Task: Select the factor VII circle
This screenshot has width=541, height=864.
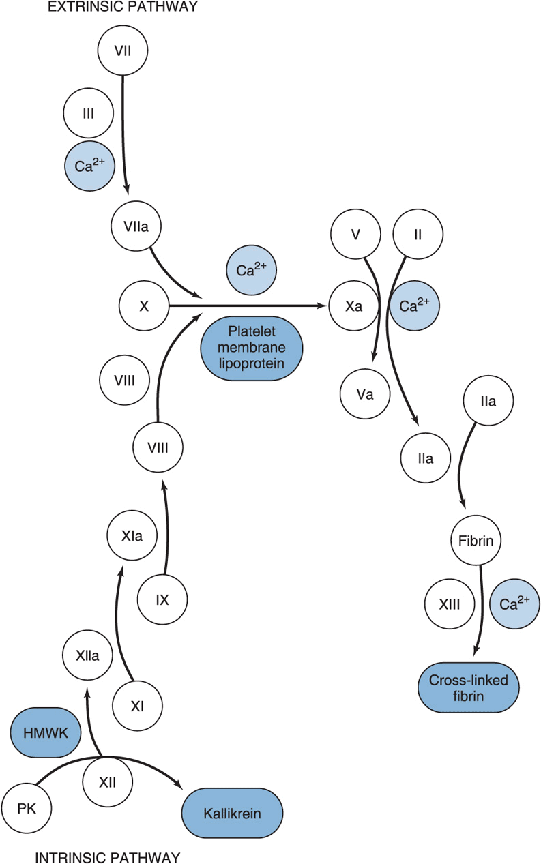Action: (123, 50)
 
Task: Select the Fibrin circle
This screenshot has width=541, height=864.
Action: (476, 542)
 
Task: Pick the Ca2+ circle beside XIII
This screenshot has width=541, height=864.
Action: (515, 604)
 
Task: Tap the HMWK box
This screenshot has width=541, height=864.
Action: (46, 733)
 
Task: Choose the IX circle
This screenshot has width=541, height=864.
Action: (162, 600)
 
